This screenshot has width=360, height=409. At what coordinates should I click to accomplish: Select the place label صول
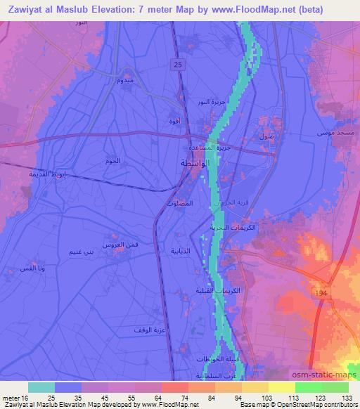pyautogui.click(x=266, y=136)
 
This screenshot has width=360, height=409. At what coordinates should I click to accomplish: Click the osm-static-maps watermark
pyautogui.click(x=326, y=377)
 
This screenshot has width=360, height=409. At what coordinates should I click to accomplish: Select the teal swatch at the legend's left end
pyautogui.click(x=41, y=387)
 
